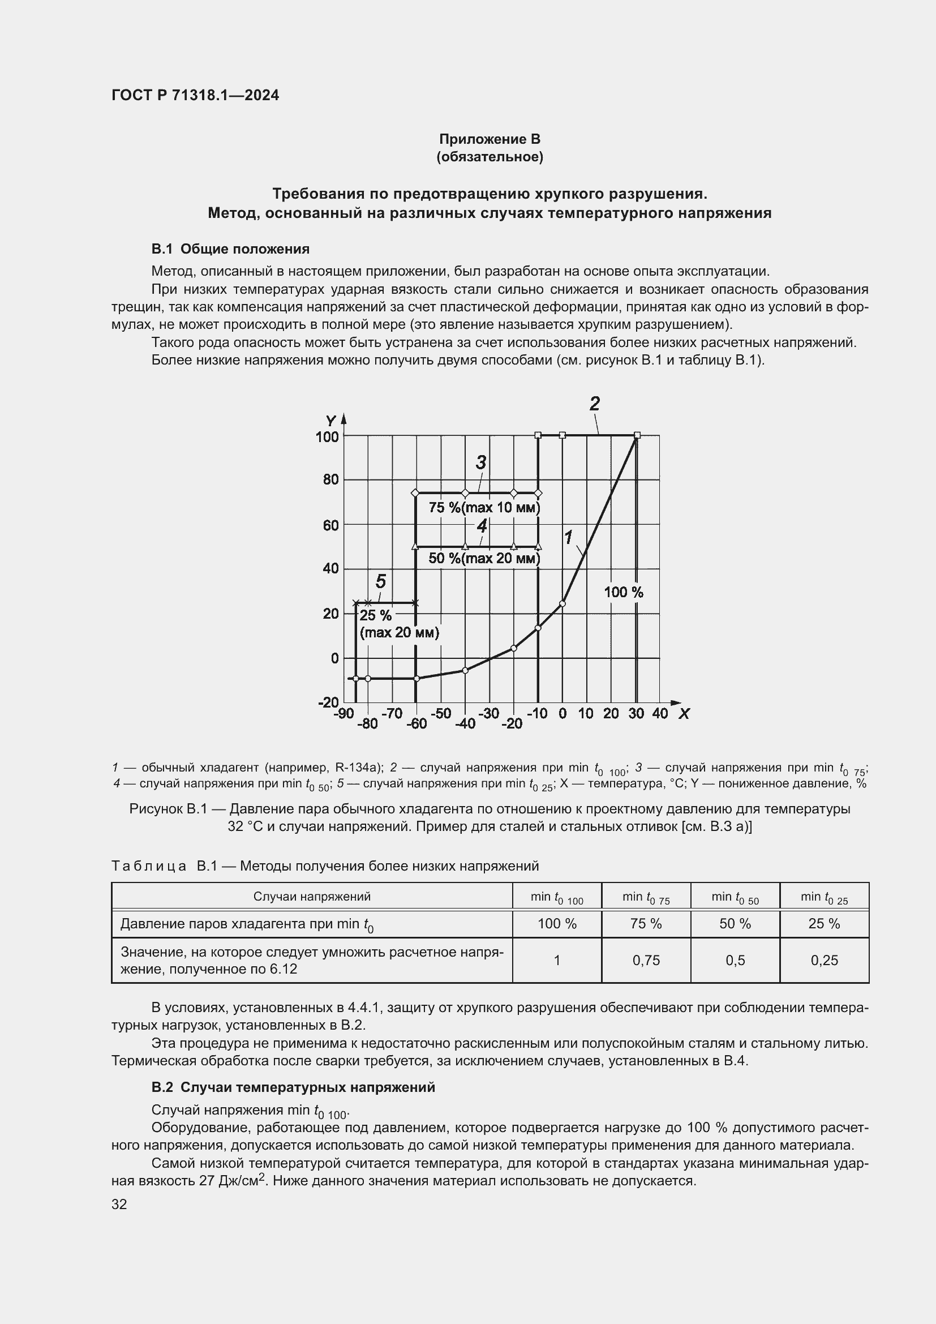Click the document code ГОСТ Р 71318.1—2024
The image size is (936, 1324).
coord(195,95)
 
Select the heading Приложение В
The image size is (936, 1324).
coord(490,139)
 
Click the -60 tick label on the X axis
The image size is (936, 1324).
coord(416,723)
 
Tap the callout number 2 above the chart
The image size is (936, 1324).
coord(595,403)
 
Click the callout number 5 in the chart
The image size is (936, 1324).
coord(380,581)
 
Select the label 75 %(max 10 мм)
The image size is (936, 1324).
coord(484,507)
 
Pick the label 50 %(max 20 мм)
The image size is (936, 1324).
coord(484,558)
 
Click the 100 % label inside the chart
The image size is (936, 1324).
coord(624,592)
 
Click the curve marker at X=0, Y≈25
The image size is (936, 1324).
coord(563,604)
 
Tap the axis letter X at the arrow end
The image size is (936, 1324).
coord(684,714)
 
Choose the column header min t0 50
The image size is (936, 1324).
coord(735,897)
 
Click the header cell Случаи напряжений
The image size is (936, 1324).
coord(312,896)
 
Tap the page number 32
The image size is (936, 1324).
coord(119,1204)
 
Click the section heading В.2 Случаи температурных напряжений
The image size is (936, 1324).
coord(293,1087)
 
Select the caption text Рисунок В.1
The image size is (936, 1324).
coord(168,809)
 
